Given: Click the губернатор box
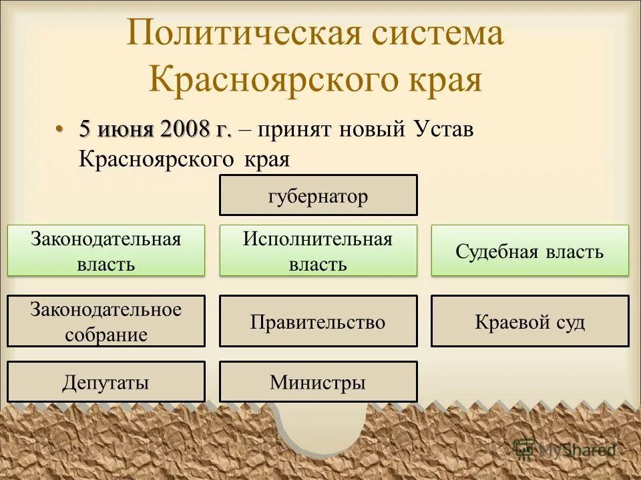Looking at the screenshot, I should pos(318,195).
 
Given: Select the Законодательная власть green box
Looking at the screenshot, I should pos(106,251).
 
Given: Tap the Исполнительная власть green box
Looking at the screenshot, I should pos(318,251).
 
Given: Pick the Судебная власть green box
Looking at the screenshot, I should pos(529,251).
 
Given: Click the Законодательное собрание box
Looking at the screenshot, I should pos(106,321).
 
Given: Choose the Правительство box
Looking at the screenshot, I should pos(318,321).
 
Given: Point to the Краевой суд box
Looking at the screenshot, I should pos(529,321).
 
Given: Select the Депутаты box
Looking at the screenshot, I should pos(106,382).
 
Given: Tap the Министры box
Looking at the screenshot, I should pos(318,382).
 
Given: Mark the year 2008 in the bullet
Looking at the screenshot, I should pos(184,129).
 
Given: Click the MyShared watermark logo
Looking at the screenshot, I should pos(564,449).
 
